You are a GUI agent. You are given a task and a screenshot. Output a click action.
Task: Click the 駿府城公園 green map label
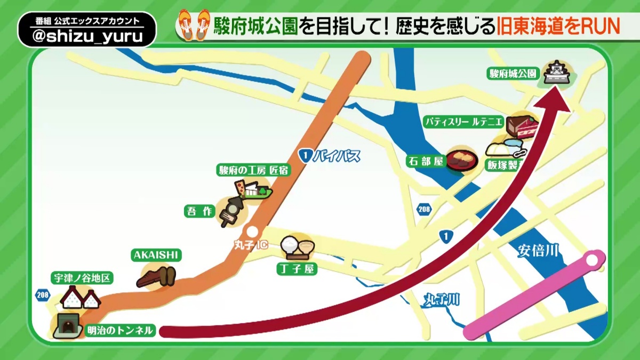(x=513, y=74)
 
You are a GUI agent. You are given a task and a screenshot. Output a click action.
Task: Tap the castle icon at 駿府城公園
(x=557, y=74)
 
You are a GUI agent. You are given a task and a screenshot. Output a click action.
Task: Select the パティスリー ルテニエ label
(x=463, y=122)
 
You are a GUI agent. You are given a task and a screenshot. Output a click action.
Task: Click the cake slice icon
(x=522, y=126)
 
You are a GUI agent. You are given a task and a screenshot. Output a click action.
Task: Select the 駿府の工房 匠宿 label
(x=253, y=170)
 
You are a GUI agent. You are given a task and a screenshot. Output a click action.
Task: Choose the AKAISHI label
(x=155, y=255)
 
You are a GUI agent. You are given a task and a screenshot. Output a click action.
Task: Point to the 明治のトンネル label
(x=120, y=330)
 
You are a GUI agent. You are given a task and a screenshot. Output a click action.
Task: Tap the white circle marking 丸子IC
(x=253, y=231)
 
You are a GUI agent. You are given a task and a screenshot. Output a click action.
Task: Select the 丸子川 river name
(x=442, y=300)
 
